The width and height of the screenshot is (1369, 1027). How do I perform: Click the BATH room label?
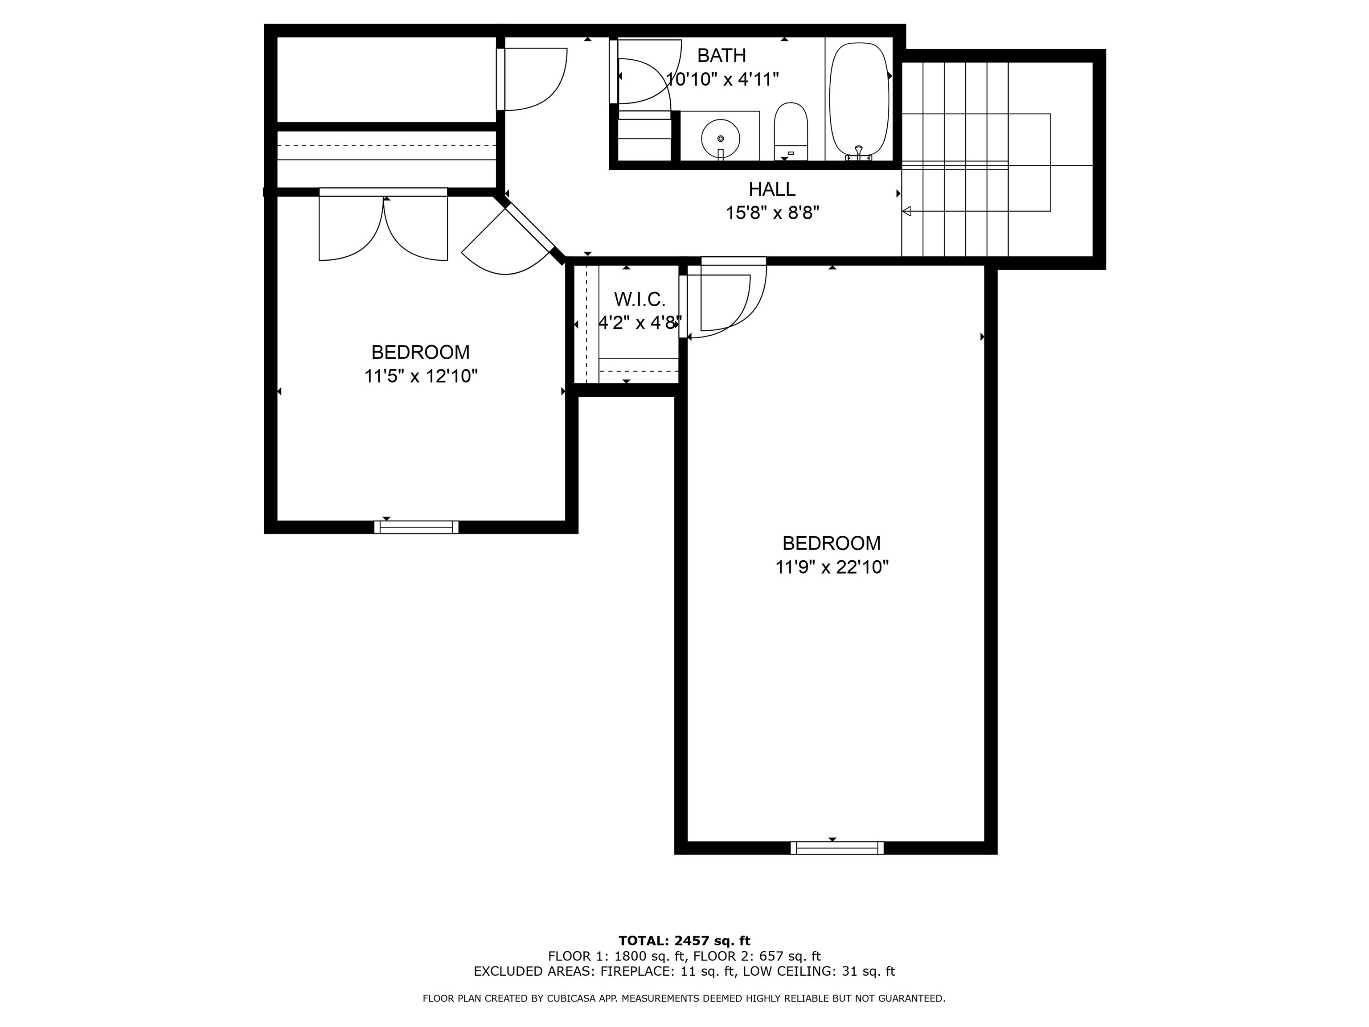(x=721, y=56)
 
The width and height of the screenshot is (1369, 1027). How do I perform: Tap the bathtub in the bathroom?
(x=859, y=99)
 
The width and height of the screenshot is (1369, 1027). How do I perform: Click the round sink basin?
(x=721, y=139)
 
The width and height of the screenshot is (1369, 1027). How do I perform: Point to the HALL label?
(x=772, y=189)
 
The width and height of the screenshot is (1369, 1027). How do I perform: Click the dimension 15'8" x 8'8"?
(x=772, y=213)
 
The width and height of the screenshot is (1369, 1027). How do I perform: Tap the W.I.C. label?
(x=639, y=300)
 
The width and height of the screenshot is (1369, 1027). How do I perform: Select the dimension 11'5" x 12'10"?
(x=421, y=376)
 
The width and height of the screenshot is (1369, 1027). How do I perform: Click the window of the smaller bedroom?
(x=417, y=527)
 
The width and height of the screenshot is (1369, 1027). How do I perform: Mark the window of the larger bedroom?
(x=837, y=848)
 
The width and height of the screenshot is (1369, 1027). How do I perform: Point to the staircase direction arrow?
(x=907, y=211)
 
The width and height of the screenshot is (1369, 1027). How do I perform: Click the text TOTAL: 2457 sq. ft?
(x=684, y=941)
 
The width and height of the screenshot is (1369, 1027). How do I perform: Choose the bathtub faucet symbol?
(x=858, y=152)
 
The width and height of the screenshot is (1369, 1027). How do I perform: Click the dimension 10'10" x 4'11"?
(x=721, y=79)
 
